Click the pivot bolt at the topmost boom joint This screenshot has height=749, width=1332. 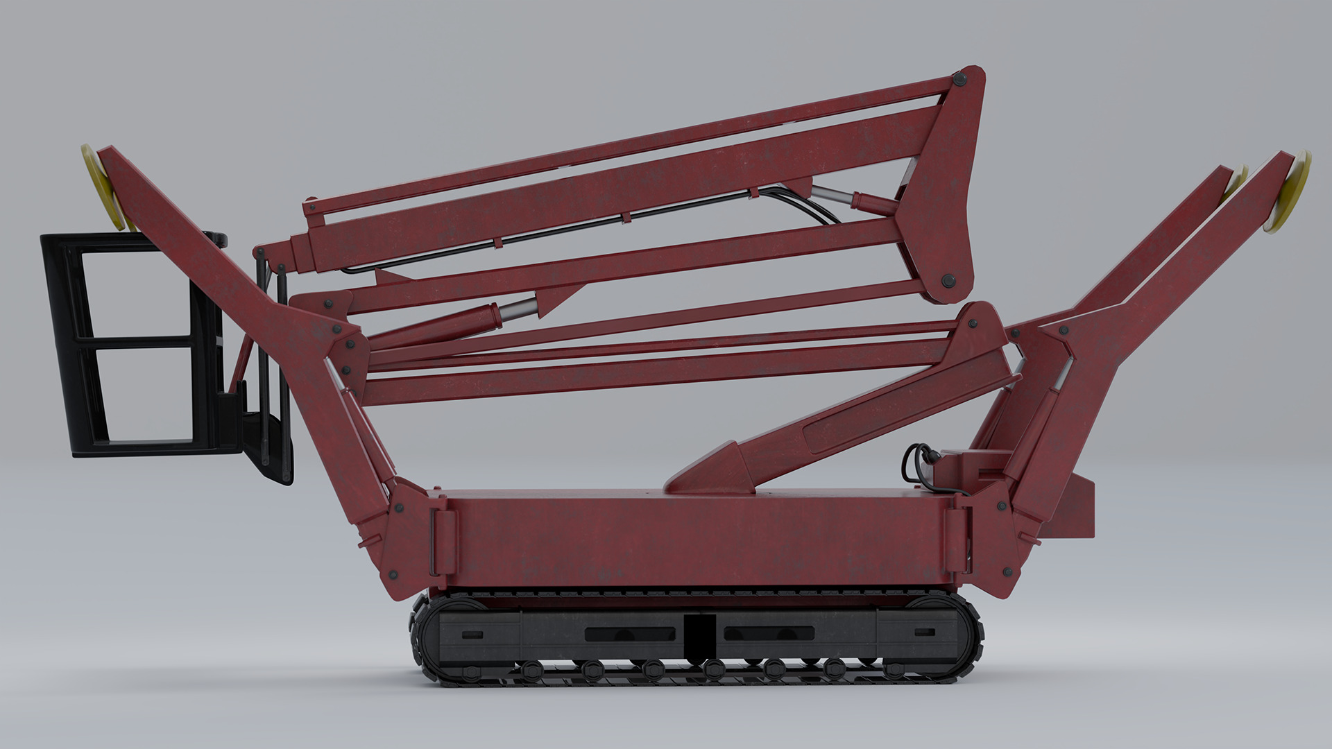pos(960,78)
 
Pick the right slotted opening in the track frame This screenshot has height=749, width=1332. pos(769,634)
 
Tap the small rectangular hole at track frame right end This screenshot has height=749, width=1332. pos(925,632)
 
